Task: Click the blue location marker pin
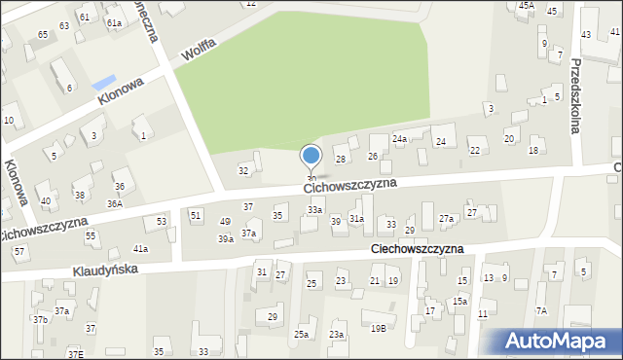[311, 157]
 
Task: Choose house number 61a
[114, 22]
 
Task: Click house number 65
[43, 35]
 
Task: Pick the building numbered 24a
[399, 139]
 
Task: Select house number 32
[243, 171]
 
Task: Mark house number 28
[341, 159]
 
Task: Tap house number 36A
[115, 203]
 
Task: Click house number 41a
[140, 249]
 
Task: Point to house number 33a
[314, 210]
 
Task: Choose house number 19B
[378, 329]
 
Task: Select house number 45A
[526, 5]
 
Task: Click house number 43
[586, 35]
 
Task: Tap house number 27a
[446, 219]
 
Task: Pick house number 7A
[541, 310]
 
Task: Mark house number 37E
[75, 355]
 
